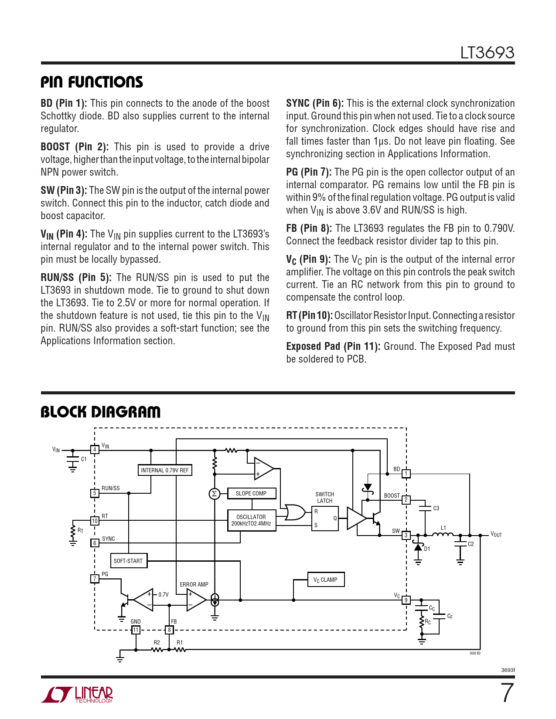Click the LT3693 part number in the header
click(x=487, y=53)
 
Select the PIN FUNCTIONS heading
click(x=92, y=82)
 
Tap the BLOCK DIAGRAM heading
click(x=100, y=412)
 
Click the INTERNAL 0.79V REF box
click(x=165, y=470)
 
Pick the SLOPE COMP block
click(x=251, y=493)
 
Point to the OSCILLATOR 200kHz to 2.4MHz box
click(x=251, y=520)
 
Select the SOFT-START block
click(x=128, y=561)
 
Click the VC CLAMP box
click(x=325, y=580)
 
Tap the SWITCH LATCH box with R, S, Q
click(x=325, y=518)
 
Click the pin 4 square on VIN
click(x=95, y=450)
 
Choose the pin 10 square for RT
click(x=95, y=521)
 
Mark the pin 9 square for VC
click(x=406, y=600)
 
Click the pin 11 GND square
click(x=136, y=630)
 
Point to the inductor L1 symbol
click(x=443, y=534)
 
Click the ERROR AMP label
click(x=194, y=584)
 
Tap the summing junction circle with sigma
click(x=214, y=494)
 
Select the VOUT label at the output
click(x=496, y=535)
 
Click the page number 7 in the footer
click(x=506, y=693)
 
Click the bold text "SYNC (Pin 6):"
click(x=315, y=103)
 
